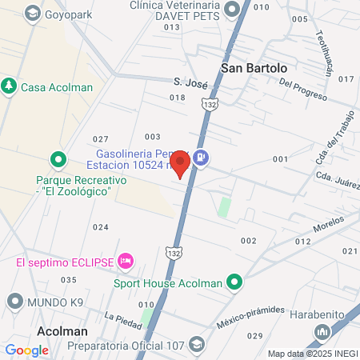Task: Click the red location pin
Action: tap(181, 162)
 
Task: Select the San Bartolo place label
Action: tap(254, 68)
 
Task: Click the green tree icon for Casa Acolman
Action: tap(9, 85)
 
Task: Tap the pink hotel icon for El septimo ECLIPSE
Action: tap(125, 262)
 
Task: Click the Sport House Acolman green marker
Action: tap(234, 282)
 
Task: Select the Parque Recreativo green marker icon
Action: tap(57, 159)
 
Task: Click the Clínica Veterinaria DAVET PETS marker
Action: tap(233, 10)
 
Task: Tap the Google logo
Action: tap(26, 350)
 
